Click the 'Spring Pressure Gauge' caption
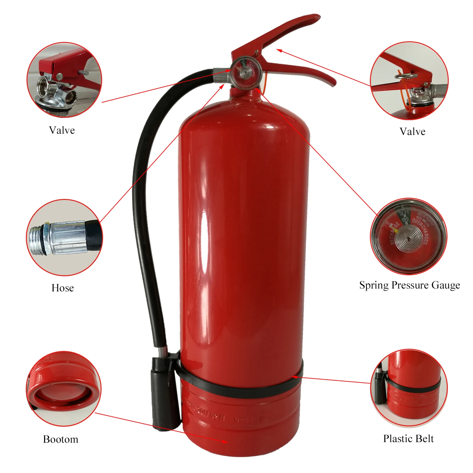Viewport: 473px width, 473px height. (x=409, y=285)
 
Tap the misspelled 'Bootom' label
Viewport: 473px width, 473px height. (x=61, y=439)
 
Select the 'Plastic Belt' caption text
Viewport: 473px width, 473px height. (x=408, y=439)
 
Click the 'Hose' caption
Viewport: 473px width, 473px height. (x=62, y=288)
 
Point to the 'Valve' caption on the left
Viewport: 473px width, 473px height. (x=62, y=130)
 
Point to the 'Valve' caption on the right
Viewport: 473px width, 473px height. (x=412, y=131)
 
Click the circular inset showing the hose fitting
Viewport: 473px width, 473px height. (x=64, y=237)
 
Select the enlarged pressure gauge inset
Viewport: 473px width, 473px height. (x=408, y=237)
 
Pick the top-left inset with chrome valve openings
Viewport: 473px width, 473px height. (x=64, y=80)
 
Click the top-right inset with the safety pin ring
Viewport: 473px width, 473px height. (x=409, y=81)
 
